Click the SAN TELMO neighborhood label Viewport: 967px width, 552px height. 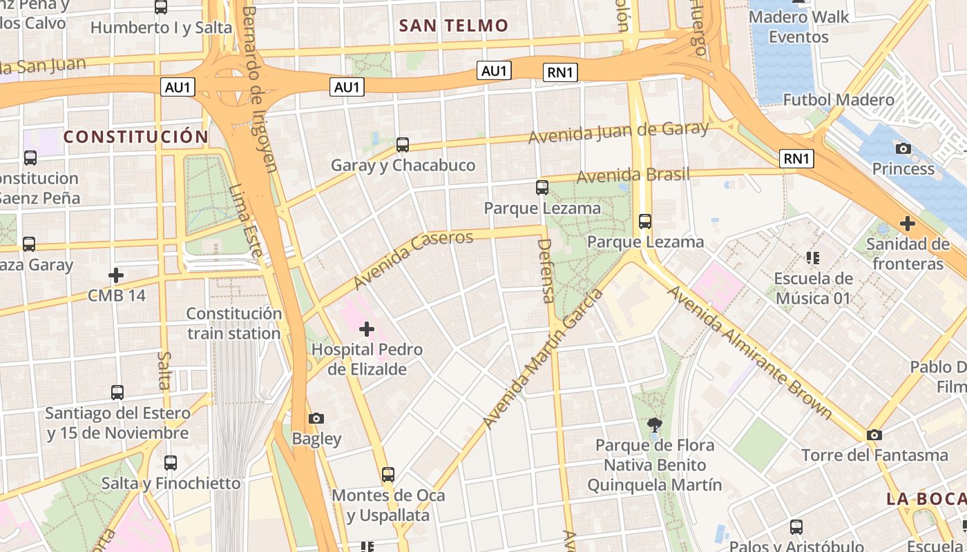pyautogui.click(x=454, y=26)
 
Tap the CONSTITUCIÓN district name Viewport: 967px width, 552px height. pyautogui.click(x=135, y=137)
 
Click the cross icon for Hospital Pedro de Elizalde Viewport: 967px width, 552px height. pyautogui.click(x=367, y=329)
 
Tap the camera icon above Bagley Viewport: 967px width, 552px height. pyautogui.click(x=316, y=418)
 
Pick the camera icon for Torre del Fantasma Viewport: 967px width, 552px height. pyautogui.click(x=874, y=435)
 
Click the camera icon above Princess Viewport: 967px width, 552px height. pyautogui.click(x=903, y=148)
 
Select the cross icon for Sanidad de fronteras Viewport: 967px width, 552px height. pyautogui.click(x=908, y=224)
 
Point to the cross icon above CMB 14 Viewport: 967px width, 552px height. pyautogui.click(x=116, y=275)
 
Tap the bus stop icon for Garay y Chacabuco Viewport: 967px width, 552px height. pyautogui.click(x=403, y=145)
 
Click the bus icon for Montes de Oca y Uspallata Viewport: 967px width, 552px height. pyautogui.click(x=388, y=475)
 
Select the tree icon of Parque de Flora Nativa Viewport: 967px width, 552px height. pyautogui.click(x=654, y=425)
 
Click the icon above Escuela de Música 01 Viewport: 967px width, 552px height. pyautogui.click(x=813, y=258)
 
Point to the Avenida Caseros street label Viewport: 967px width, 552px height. pyautogui.click(x=413, y=260)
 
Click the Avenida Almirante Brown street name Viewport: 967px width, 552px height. pyautogui.click(x=749, y=352)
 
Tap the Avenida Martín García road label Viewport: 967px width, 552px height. pyautogui.click(x=543, y=359)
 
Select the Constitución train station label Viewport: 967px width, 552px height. pyautogui.click(x=234, y=324)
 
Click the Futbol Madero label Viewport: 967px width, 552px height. pyautogui.click(x=838, y=100)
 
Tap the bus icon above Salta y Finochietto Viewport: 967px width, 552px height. pyautogui.click(x=171, y=462)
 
